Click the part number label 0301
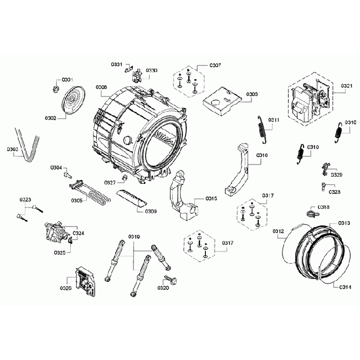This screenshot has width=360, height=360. pyautogui.click(x=68, y=80)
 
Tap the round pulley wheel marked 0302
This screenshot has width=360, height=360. pyautogui.click(x=72, y=102)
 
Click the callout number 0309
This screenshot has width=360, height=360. pyautogui.click(x=150, y=211)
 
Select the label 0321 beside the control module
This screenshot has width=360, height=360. pyautogui.click(x=346, y=85)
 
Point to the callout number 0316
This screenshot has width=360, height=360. pyautogui.click(x=262, y=156)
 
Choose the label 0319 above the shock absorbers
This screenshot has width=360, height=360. pyautogui.click(x=134, y=237)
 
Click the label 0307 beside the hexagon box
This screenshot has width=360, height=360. pyautogui.click(x=215, y=65)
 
